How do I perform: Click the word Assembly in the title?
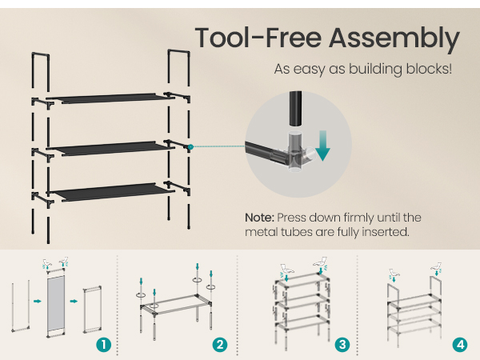click(394, 38)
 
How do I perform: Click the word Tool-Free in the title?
click(258, 38)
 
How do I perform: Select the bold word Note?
click(259, 218)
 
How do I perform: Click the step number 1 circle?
click(103, 345)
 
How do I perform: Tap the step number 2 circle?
click(220, 345)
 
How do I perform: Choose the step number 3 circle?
click(342, 345)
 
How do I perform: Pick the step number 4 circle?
click(460, 345)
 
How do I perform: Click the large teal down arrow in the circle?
click(322, 146)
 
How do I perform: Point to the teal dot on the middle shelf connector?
click(190, 147)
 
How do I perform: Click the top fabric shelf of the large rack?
click(112, 98)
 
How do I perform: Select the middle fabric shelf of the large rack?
click(112, 149)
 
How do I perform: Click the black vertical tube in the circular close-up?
click(295, 108)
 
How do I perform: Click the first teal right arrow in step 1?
click(38, 302)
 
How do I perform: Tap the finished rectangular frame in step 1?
click(93, 310)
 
